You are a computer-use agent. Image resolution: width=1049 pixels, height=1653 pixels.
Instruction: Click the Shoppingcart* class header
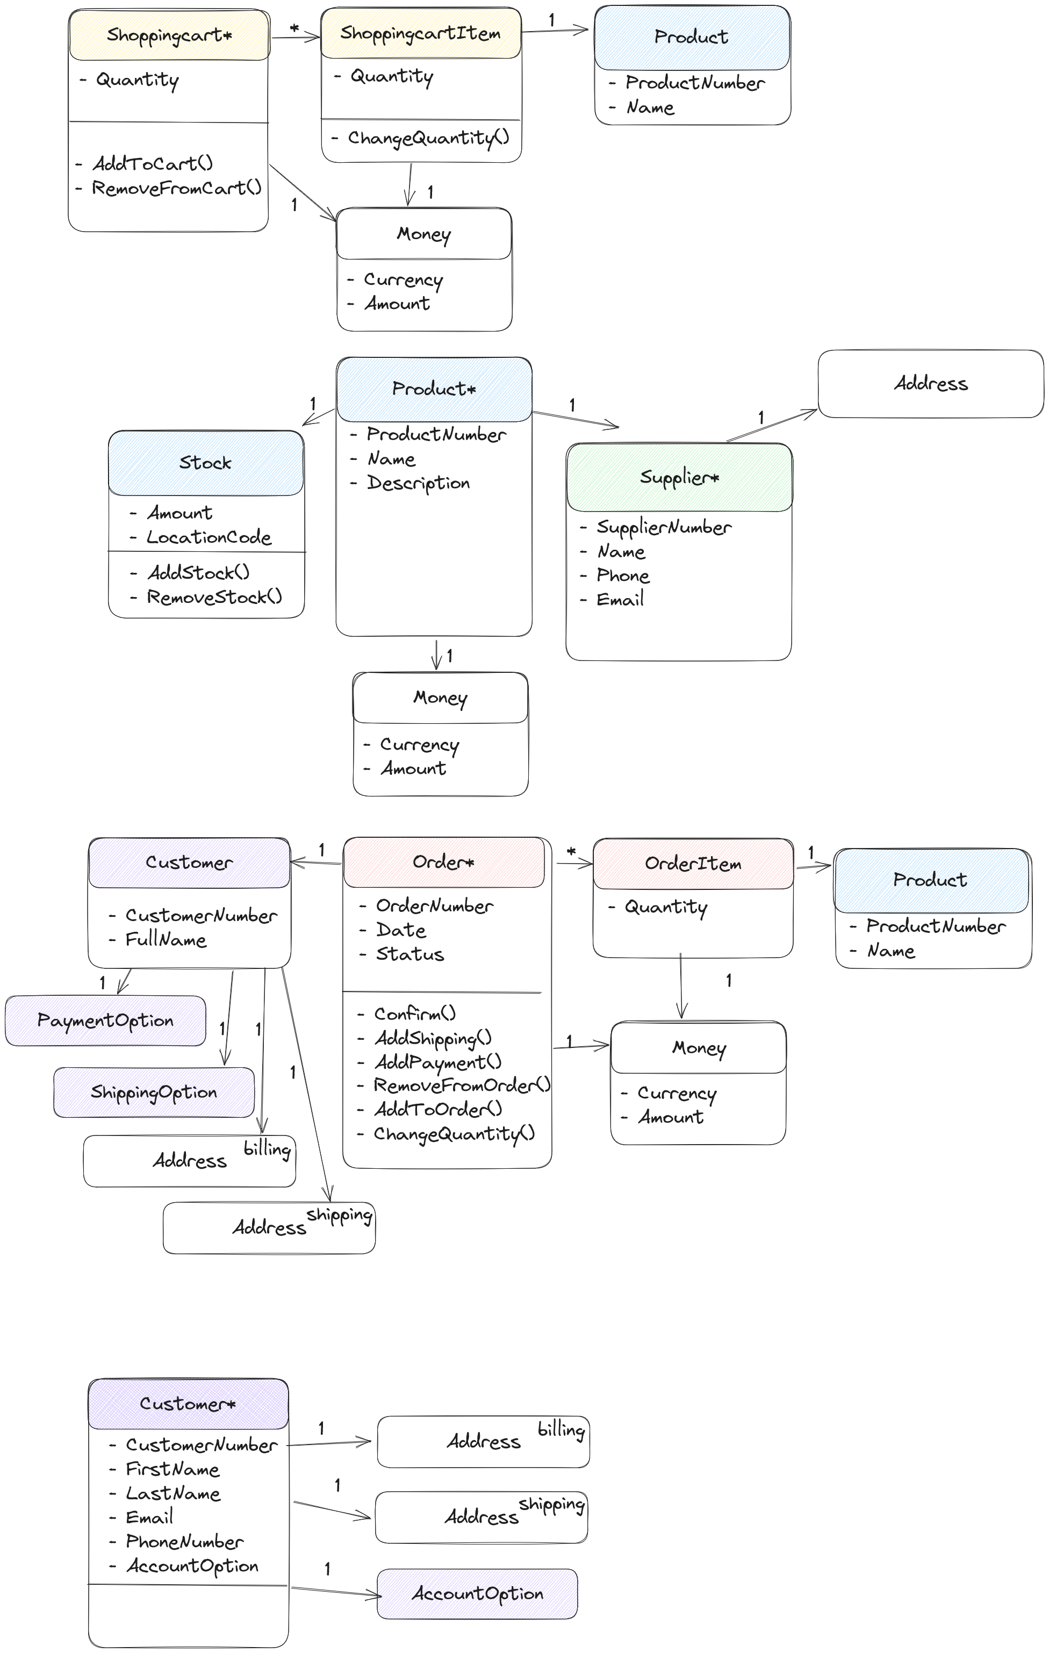coord(169,35)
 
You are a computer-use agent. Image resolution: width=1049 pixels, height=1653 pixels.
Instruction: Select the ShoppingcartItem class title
coord(420,33)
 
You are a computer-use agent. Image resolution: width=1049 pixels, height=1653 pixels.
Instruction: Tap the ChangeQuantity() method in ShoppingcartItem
coord(428,138)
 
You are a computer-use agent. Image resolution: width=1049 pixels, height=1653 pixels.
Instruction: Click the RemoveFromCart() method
coord(176,188)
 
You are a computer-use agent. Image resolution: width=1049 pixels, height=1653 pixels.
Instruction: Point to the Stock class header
coord(205,463)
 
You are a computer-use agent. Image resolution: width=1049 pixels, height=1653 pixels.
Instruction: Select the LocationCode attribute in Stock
coord(209,537)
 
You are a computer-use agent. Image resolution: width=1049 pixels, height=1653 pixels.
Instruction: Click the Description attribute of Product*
coord(418,483)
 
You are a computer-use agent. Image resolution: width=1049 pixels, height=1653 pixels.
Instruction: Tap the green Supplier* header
coord(679,477)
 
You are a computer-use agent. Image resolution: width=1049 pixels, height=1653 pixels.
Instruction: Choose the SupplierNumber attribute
coord(663,527)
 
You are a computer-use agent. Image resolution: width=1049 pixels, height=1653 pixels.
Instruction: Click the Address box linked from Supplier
coord(930,384)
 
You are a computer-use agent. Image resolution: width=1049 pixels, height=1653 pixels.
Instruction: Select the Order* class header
coord(443,862)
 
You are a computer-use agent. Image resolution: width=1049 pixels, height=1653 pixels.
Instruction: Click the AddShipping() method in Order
coord(433,1038)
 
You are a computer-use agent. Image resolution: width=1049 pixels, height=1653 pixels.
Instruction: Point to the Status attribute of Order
coord(410,954)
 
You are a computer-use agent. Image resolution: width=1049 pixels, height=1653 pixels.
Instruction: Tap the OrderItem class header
coord(693,864)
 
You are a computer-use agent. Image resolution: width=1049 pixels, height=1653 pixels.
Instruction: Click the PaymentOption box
coord(105,1021)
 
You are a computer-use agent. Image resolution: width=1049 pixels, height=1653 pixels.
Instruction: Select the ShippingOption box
coord(154,1092)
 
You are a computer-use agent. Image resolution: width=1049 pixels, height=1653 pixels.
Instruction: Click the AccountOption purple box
coord(477,1593)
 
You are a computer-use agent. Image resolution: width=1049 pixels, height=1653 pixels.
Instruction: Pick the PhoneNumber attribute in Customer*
coord(184,1542)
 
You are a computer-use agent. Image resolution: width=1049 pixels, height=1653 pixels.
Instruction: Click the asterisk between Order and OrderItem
coord(571,852)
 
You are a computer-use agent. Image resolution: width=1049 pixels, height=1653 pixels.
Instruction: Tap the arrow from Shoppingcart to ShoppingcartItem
coord(295,37)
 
